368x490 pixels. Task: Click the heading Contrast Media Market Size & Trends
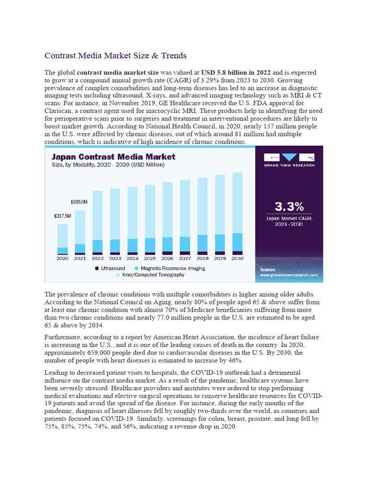(x=115, y=56)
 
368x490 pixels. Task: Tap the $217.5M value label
(x=62, y=216)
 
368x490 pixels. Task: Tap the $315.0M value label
(x=79, y=201)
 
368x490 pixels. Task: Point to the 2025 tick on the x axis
(x=149, y=258)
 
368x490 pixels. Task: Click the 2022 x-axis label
(x=97, y=258)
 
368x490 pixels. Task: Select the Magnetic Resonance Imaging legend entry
(x=170, y=268)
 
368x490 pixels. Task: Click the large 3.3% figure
(x=289, y=207)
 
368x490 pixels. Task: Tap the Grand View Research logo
(x=289, y=159)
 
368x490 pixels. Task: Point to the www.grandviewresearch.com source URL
(x=289, y=275)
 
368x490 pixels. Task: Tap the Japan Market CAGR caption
(x=289, y=221)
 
